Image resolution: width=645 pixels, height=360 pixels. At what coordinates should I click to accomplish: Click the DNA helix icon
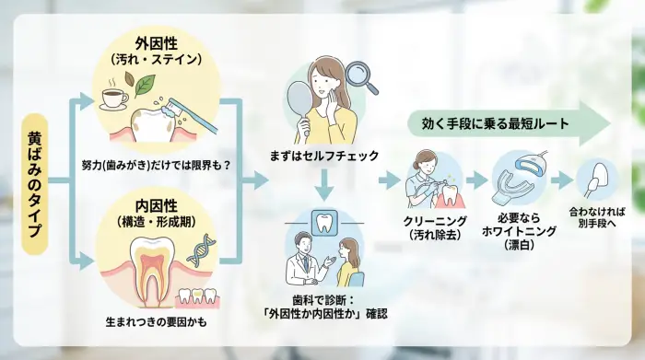[x=201, y=250]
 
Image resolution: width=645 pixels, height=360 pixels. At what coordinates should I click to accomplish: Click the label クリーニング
[x=432, y=222]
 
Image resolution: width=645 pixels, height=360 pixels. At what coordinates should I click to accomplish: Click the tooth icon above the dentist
[x=322, y=223]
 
